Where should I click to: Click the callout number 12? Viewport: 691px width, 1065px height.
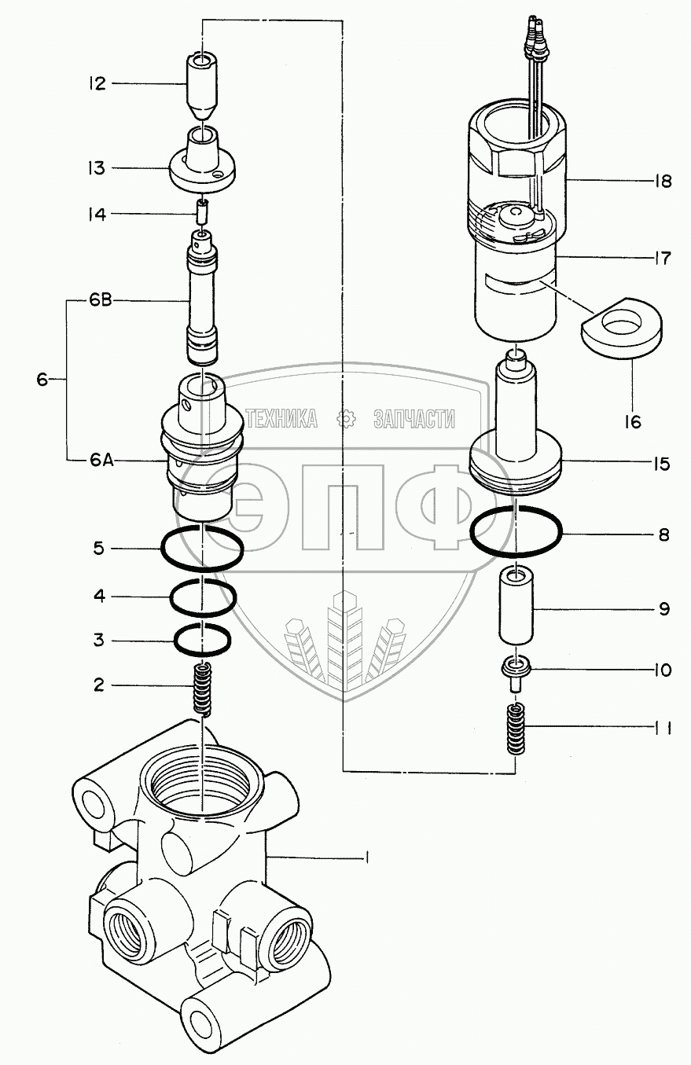pyautogui.click(x=97, y=84)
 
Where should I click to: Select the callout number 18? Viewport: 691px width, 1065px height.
pyautogui.click(x=662, y=181)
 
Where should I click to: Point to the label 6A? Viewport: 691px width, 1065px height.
pyautogui.click(x=101, y=461)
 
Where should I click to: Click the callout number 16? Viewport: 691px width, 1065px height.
pyautogui.click(x=633, y=422)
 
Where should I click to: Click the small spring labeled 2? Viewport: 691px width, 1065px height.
pyautogui.click(x=203, y=689)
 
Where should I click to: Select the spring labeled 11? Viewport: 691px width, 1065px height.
pyautogui.click(x=515, y=729)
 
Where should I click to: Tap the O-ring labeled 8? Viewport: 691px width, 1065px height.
pyautogui.click(x=516, y=531)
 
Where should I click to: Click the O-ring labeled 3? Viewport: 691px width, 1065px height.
pyautogui.click(x=203, y=640)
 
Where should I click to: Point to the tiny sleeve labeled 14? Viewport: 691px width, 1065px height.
pyautogui.click(x=203, y=211)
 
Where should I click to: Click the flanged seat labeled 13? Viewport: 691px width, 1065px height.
pyautogui.click(x=203, y=160)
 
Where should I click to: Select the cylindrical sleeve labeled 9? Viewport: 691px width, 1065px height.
pyautogui.click(x=516, y=608)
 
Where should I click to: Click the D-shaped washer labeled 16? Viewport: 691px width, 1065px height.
pyautogui.click(x=621, y=327)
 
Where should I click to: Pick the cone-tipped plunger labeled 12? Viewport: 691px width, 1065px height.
pyautogui.click(x=202, y=86)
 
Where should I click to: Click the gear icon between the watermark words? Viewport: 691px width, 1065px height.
pyautogui.click(x=346, y=419)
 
